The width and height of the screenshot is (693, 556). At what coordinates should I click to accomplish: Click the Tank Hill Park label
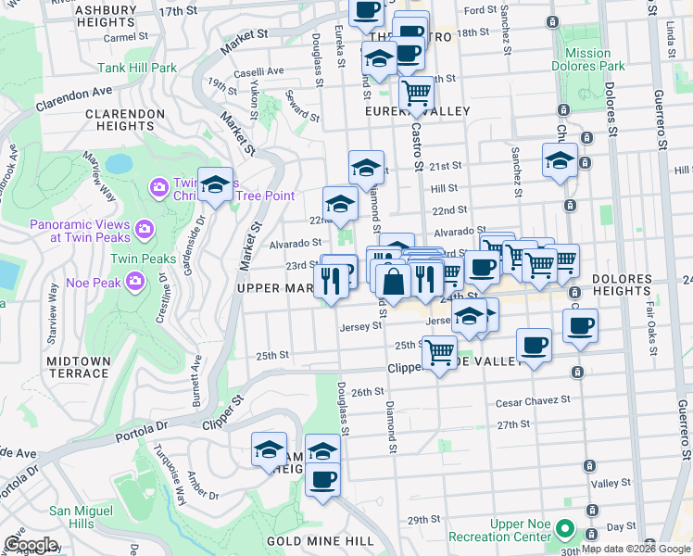pos(137,68)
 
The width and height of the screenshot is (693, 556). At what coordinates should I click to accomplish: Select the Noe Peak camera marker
pos(136,279)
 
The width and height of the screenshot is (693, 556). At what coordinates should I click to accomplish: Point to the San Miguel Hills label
pos(83,517)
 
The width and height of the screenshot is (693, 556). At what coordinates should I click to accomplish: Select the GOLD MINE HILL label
pos(308,540)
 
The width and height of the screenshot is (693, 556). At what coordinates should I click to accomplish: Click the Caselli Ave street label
pos(258,70)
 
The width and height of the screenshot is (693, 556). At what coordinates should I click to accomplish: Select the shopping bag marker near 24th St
pos(394,282)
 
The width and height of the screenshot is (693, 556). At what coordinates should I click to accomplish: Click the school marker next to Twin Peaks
pos(215,185)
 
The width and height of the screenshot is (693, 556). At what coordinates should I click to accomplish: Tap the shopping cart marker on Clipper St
pos(438,351)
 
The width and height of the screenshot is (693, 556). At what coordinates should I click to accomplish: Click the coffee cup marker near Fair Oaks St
pos(580,325)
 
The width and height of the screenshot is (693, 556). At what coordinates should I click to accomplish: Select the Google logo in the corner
pos(30,545)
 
